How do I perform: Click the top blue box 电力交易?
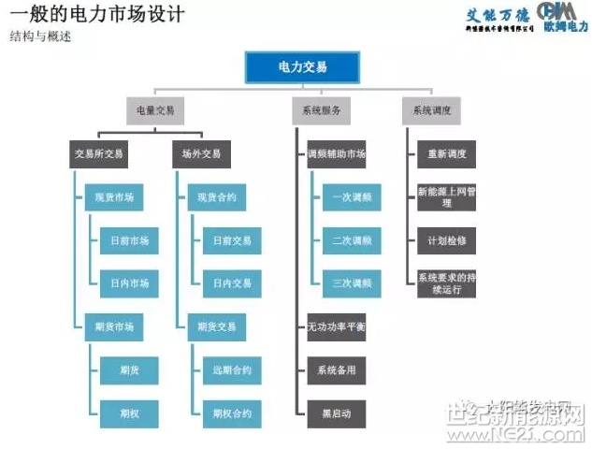pos(303,67)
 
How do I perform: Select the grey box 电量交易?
pos(155,111)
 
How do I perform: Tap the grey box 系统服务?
pos(321,111)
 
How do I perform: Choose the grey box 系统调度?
pos(432,111)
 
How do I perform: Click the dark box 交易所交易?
pos(99,154)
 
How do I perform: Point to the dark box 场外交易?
pos(201,154)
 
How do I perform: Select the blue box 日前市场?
pos(129,241)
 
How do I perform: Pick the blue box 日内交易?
pos(231,283)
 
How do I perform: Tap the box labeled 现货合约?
pos(217,198)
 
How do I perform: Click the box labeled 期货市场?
pos(115,327)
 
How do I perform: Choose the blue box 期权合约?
pos(231,413)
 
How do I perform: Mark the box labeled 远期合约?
pos(231,370)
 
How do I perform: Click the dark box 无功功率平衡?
pos(336,327)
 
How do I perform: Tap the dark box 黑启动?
pos(336,413)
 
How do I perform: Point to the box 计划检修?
pos(447,240)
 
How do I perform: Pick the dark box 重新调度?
pos(447,154)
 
